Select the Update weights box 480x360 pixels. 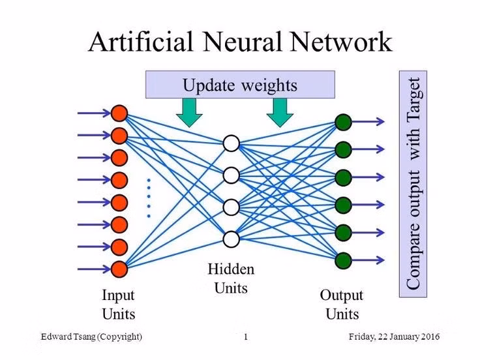(239, 85)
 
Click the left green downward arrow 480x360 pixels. (189, 112)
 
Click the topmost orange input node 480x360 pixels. (119, 113)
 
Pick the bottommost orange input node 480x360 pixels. (119, 268)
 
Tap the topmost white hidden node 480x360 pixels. (232, 143)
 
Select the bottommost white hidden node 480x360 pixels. (232, 239)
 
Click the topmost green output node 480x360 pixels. (344, 122)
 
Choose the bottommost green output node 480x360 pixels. (344, 260)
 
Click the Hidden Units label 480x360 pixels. (231, 277)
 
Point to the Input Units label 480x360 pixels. (118, 304)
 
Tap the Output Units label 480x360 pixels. (342, 304)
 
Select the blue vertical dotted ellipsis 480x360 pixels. (149, 197)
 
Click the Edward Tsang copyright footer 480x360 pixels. (91, 337)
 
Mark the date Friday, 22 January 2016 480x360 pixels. (395, 337)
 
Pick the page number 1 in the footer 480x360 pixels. (246, 337)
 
